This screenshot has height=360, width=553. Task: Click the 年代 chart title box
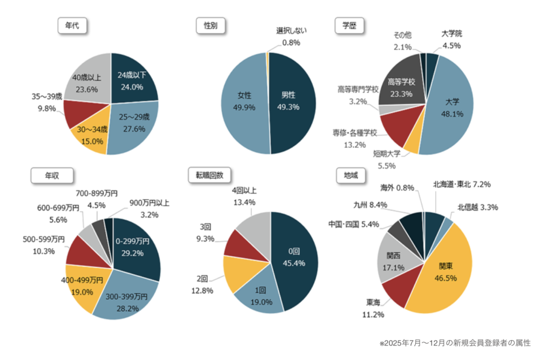(x=72, y=26)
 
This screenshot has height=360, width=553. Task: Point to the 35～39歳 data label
(x=46, y=101)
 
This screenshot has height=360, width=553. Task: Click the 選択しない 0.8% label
(x=291, y=36)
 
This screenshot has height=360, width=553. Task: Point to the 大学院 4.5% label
(x=451, y=39)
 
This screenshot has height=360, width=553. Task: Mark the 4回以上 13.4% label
(x=244, y=196)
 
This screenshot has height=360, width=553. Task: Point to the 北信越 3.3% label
(x=477, y=207)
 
